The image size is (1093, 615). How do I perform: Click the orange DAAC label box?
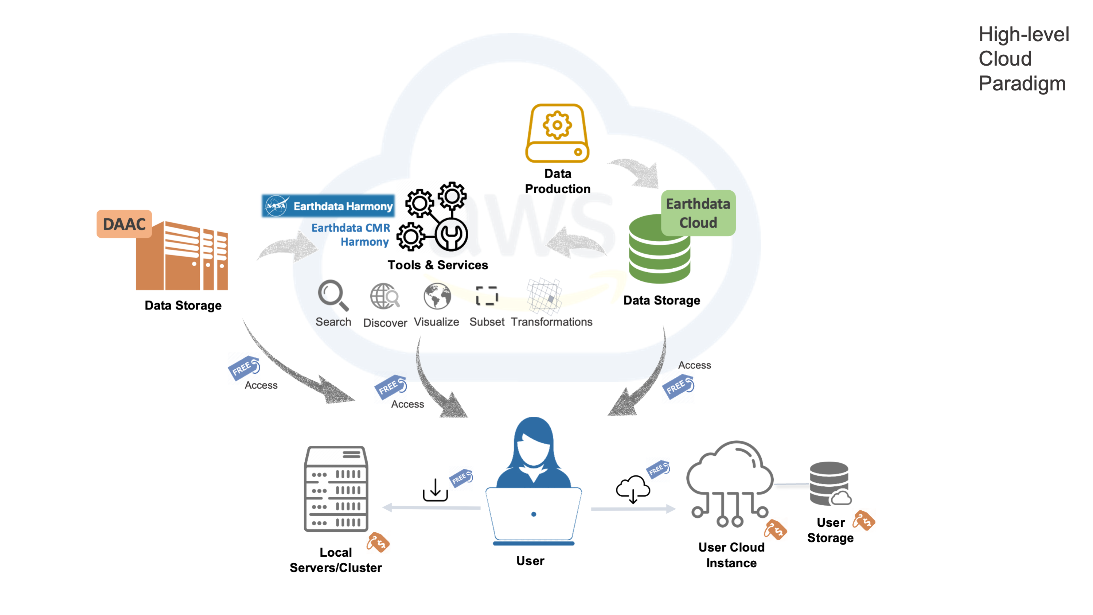124,224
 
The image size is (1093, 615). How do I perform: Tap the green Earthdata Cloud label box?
698,213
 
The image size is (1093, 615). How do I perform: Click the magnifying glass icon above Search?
333,295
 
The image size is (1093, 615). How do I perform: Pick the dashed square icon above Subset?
487,295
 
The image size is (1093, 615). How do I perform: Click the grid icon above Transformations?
544,296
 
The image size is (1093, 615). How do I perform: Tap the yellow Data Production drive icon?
557,133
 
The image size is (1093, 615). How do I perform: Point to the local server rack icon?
336,489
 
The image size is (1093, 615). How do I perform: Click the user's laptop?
533,515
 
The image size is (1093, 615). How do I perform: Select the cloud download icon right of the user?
633,489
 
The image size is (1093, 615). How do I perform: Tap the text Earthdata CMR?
351,228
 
